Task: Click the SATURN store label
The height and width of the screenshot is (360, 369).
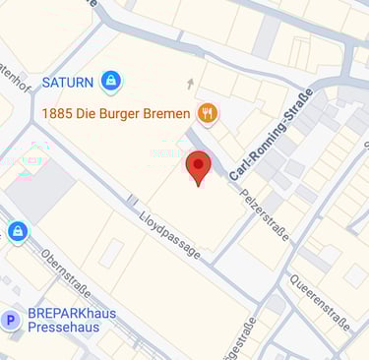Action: click(67, 80)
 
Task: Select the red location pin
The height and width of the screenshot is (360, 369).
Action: click(198, 167)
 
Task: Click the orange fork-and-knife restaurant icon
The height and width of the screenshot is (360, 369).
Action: click(207, 113)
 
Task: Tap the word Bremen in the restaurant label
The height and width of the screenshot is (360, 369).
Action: click(169, 113)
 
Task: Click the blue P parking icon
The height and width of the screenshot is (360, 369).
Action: click(12, 320)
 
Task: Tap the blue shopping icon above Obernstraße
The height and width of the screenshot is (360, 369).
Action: click(16, 232)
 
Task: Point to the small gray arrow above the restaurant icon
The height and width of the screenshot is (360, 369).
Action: click(191, 84)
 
